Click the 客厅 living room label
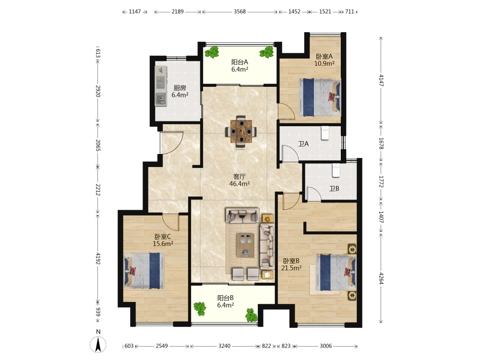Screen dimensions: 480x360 click(240, 177)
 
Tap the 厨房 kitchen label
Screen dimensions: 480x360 click(180, 88)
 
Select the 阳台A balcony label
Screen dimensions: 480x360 click(240, 62)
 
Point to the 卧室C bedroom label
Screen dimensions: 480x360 click(163, 237)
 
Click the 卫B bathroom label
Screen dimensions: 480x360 click(334, 189)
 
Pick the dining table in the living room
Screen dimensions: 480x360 click(241, 132)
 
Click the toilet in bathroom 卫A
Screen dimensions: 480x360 click(325, 133)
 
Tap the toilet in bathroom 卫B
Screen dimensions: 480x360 click(336, 170)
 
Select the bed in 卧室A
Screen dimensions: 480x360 click(320, 97)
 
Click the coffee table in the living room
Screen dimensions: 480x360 click(245, 245)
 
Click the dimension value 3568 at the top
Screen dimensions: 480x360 click(240, 12)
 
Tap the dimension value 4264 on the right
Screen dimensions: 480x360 click(381, 278)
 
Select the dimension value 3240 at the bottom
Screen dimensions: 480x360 click(224, 346)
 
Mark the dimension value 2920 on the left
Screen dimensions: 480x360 click(97, 91)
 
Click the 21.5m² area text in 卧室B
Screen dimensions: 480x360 click(291, 268)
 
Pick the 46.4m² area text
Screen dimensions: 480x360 click(240, 184)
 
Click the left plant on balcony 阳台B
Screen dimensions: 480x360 click(200, 308)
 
